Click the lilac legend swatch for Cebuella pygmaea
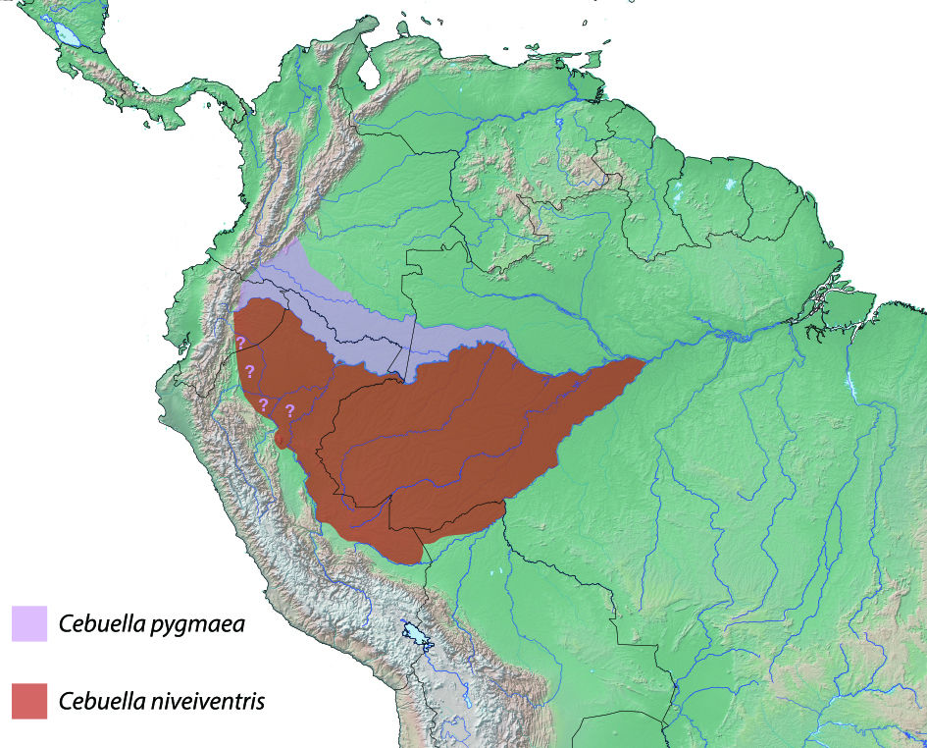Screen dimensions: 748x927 (28, 624)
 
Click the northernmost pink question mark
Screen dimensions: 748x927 (240, 342)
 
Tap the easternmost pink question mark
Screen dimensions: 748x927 (289, 410)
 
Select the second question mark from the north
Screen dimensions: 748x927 (249, 371)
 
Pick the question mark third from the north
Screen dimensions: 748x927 (263, 404)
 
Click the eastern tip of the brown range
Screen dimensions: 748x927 (644, 361)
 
